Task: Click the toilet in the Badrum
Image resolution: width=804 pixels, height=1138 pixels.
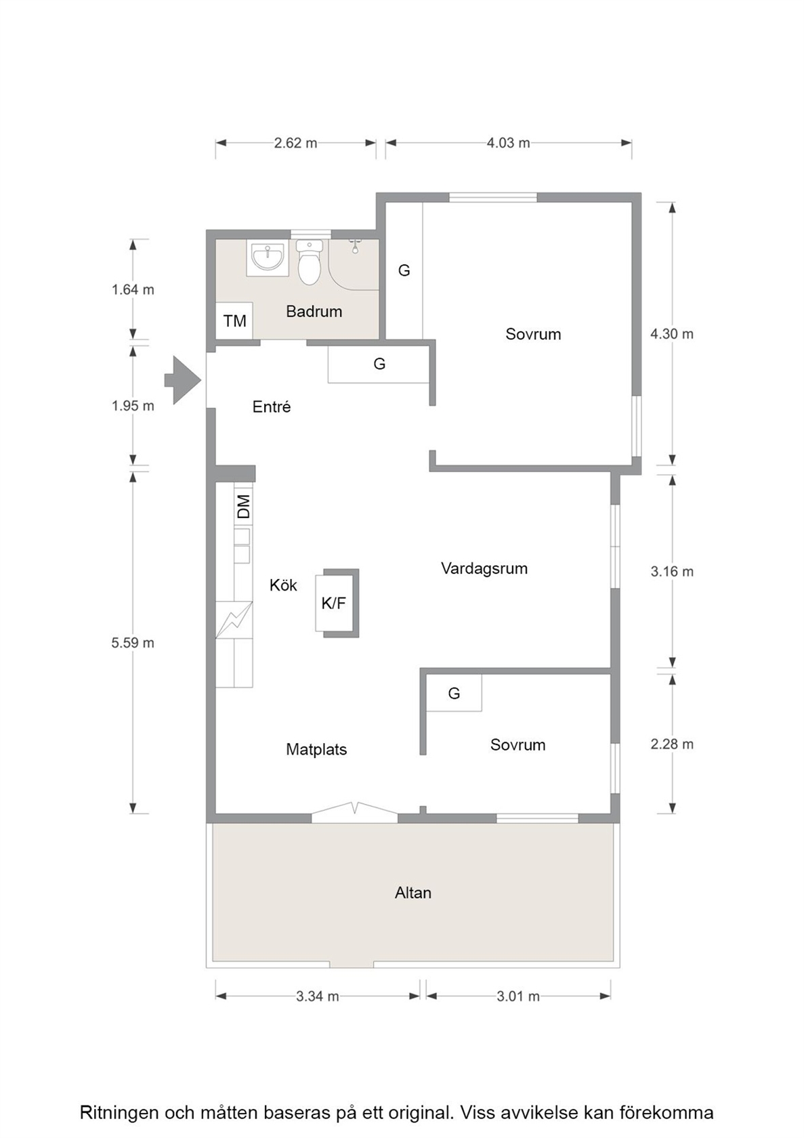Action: click(310, 262)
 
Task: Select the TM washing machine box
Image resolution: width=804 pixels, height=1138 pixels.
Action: click(234, 320)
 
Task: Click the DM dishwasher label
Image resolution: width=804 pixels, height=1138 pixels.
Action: click(244, 506)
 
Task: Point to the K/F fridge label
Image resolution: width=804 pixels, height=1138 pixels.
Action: click(333, 603)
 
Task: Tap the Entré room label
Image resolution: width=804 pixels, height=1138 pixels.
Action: click(272, 407)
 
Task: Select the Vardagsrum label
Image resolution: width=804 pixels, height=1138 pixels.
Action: click(484, 568)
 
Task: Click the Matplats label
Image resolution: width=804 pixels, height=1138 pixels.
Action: click(316, 749)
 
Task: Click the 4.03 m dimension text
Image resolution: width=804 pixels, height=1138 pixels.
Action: click(508, 143)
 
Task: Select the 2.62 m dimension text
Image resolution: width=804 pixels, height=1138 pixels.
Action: click(295, 143)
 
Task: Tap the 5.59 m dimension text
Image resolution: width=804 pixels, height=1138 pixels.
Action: click(133, 643)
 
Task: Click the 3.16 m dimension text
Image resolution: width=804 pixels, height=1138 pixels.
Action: click(672, 572)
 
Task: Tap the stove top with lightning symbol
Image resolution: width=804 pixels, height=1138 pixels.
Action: click(234, 620)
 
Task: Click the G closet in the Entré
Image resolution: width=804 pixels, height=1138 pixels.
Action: click(379, 364)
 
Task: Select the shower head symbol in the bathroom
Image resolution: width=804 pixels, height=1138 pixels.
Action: click(355, 246)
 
